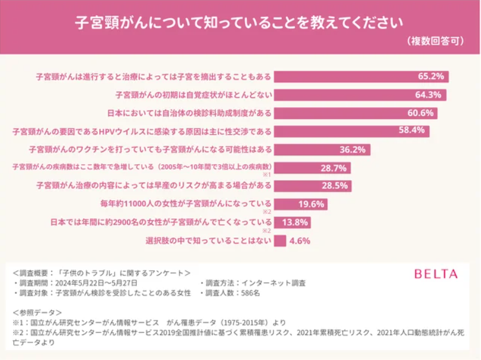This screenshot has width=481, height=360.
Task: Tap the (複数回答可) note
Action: pos(435,41)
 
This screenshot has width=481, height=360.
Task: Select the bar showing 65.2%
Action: pos(361,77)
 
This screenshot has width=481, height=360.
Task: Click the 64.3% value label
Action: pos(430,95)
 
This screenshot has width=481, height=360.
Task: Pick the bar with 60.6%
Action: pos(355,113)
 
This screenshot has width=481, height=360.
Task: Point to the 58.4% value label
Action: pos(413,131)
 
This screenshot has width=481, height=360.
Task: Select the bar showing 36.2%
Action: pos(322,150)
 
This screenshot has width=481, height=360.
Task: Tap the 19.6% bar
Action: pos(300,204)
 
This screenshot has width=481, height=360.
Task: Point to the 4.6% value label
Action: pos(300,241)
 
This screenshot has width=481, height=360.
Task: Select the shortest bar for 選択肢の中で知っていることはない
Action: pos(280,241)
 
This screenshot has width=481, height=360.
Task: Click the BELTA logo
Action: pos(436,274)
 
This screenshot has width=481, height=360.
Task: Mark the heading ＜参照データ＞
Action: pos(37,312)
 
